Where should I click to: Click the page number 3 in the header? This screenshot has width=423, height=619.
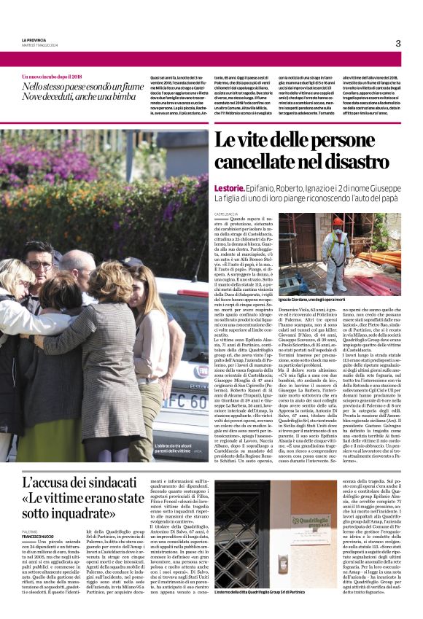pos(398,43)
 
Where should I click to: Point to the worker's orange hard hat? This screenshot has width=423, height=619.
pos(317,221)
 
